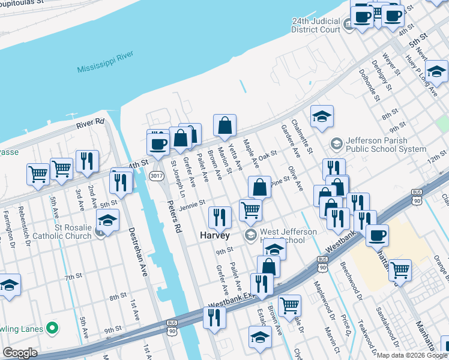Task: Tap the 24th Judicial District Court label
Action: [316, 25]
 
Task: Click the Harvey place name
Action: [215, 236]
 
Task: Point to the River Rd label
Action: [90, 124]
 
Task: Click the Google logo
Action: [20, 353]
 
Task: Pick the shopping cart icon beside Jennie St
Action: [250, 209]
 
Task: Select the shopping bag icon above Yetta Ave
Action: [224, 125]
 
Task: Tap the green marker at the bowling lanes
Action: [52, 328]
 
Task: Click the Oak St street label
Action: [268, 154]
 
